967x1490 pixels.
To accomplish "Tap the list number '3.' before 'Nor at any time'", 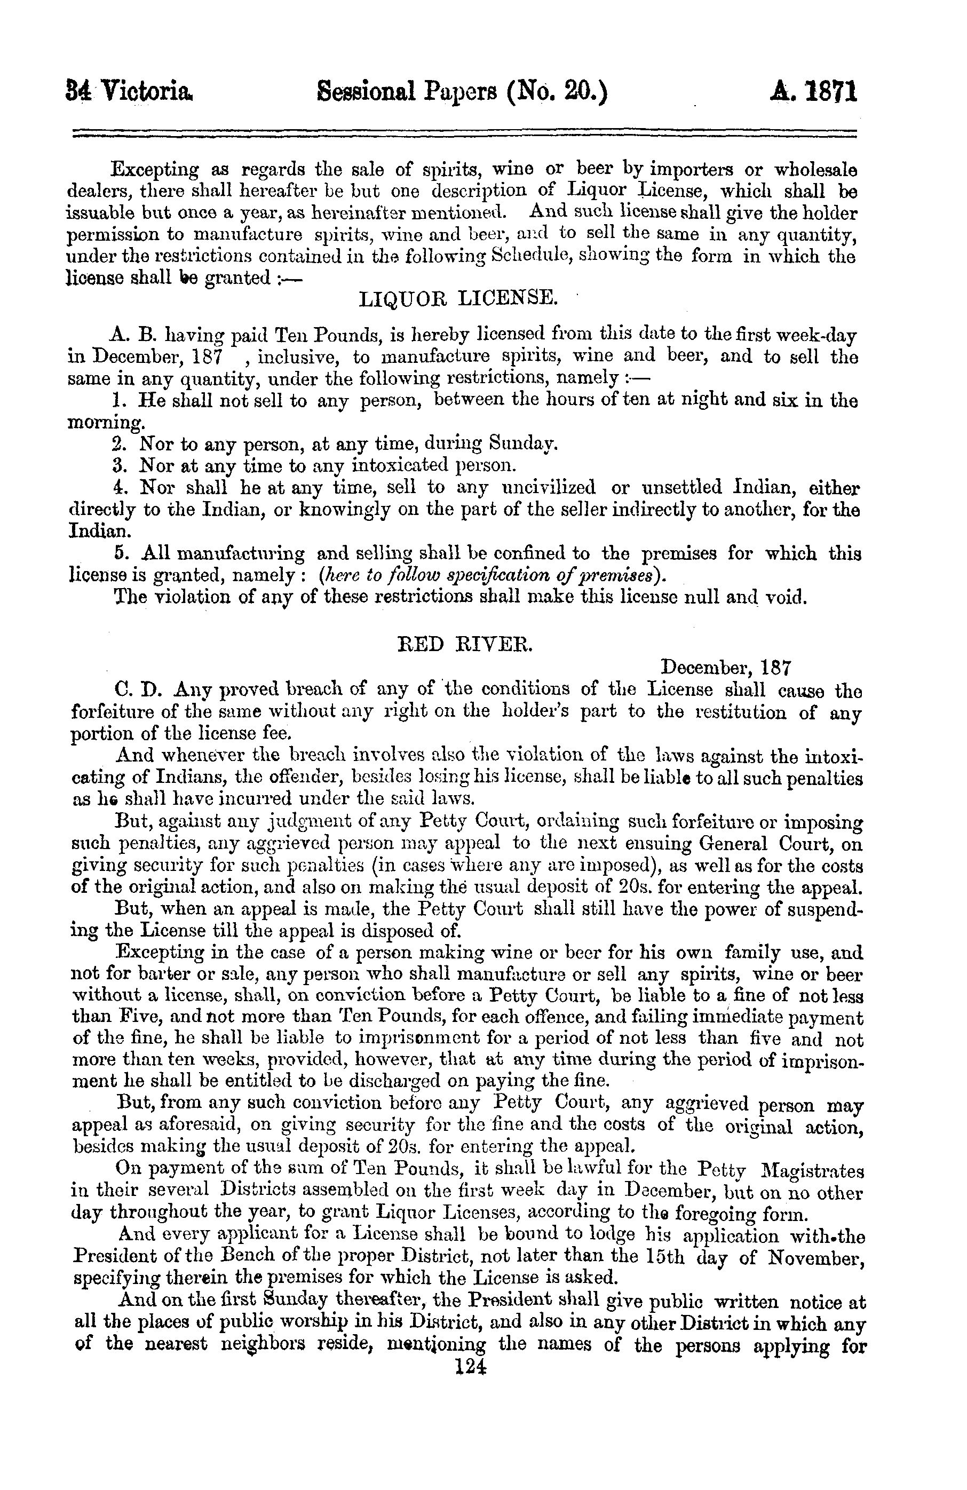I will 120,465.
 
